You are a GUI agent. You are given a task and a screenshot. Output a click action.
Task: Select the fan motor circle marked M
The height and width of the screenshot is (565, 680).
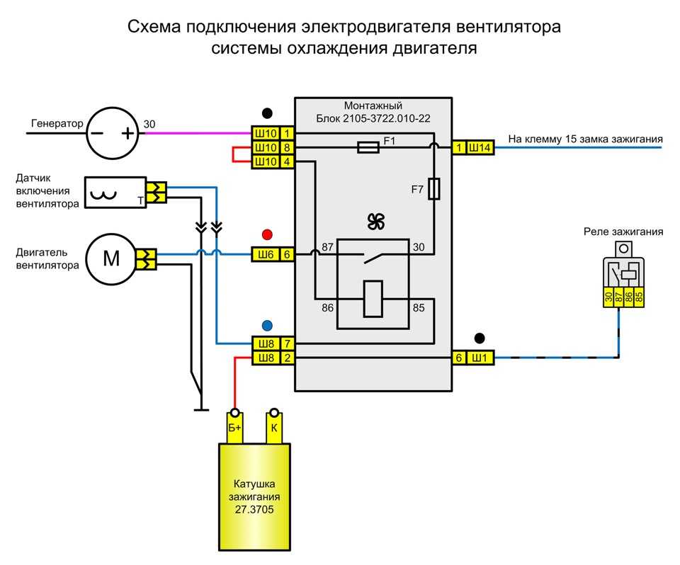point(112,260)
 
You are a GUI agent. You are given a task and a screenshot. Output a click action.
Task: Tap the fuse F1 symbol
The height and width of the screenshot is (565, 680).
point(368,147)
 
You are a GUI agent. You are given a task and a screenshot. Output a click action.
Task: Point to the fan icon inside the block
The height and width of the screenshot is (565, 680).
point(375,222)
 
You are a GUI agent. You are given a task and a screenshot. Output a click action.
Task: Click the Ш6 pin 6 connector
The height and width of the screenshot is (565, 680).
point(273,253)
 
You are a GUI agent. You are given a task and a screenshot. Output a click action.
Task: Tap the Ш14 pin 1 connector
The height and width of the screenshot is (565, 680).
point(472,147)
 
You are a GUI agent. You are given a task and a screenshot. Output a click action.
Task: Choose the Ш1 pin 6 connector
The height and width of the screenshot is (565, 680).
point(472,358)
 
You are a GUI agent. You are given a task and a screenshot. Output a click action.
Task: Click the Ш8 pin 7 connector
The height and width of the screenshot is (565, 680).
point(273,344)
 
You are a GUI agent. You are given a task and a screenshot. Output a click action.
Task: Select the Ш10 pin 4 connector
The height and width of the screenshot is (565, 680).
point(273,161)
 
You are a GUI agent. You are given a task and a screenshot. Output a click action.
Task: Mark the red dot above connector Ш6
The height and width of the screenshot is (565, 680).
point(266,235)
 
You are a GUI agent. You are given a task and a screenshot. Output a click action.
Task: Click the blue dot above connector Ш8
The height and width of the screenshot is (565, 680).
point(266,326)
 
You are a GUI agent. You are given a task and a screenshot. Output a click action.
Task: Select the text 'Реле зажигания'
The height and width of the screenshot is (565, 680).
point(623,232)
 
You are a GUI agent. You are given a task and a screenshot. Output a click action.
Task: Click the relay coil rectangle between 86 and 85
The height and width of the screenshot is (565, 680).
point(373,298)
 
